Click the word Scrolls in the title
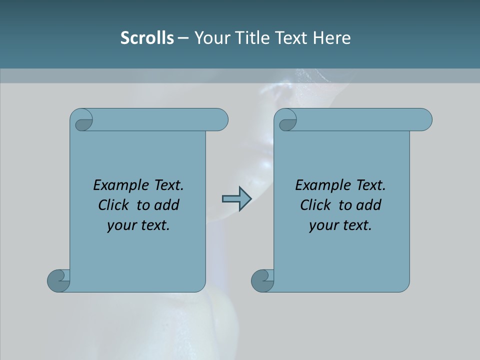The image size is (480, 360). (x=147, y=38)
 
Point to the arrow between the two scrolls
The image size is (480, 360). (x=236, y=199)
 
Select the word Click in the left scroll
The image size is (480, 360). (x=114, y=205)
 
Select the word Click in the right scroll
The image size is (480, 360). (x=315, y=205)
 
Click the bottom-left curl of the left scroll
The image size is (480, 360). (x=58, y=280)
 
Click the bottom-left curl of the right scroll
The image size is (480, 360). (x=262, y=280)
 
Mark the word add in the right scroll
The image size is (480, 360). (x=368, y=205)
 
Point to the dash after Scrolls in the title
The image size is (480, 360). (x=183, y=38)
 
